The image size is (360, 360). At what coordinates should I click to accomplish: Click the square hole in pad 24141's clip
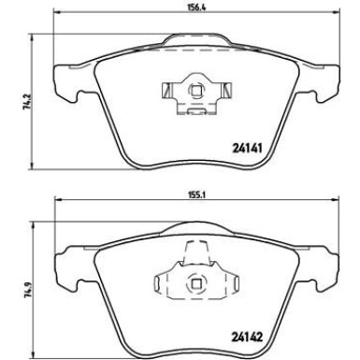[195, 91]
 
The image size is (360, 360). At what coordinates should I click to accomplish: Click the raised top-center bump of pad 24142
[195, 229]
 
